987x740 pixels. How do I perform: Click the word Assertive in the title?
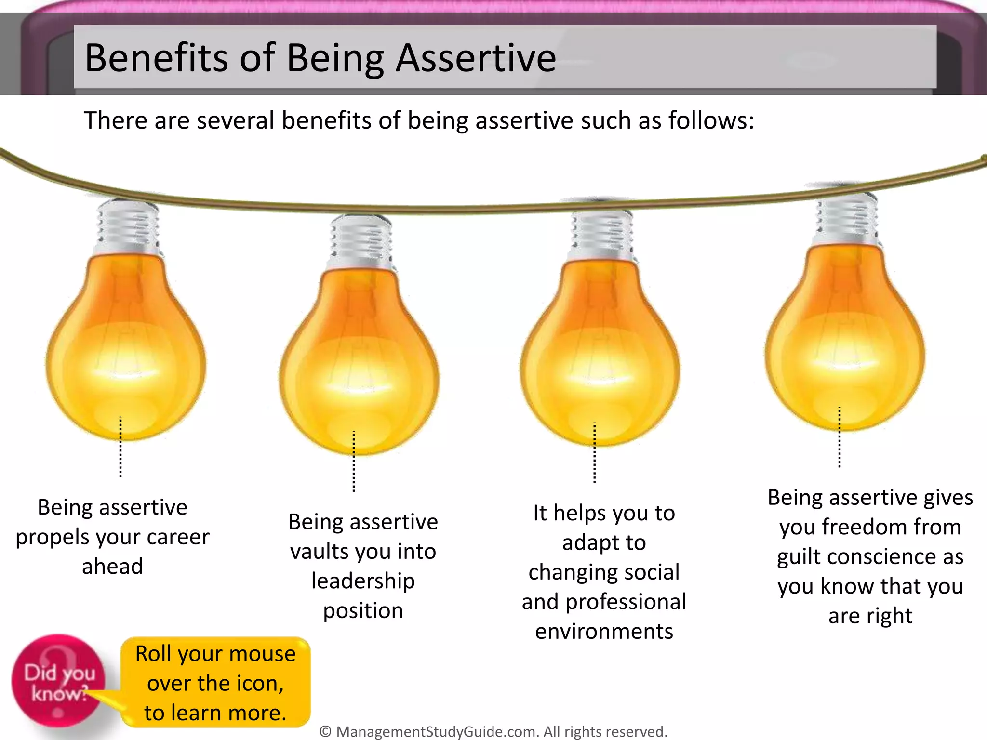click(x=476, y=58)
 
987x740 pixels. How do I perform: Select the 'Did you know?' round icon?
click(x=58, y=680)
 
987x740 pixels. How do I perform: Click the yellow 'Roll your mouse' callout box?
click(x=215, y=683)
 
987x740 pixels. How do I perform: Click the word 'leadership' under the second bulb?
click(x=363, y=581)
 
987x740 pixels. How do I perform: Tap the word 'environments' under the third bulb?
click(x=604, y=632)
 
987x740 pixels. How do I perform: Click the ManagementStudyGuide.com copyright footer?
click(x=493, y=731)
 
